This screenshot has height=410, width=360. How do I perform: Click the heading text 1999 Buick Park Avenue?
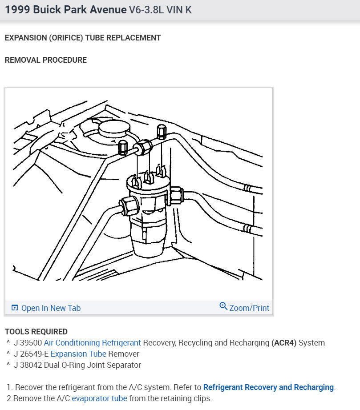coord(65,10)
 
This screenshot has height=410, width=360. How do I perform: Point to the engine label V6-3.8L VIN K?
coord(160,10)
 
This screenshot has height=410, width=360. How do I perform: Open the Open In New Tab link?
coord(50,308)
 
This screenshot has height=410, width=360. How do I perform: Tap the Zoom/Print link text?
coord(249,308)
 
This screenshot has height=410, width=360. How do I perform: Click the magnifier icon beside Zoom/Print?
coord(223,306)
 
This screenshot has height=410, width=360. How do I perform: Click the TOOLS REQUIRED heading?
coord(36,332)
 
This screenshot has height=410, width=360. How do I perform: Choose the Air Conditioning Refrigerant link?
coord(92,343)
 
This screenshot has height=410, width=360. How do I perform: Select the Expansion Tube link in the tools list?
coord(78,354)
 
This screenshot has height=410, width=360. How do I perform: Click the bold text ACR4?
coord(284,343)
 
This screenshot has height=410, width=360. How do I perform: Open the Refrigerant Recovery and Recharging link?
coord(268,387)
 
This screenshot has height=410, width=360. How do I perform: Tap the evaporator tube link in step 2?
coord(99,398)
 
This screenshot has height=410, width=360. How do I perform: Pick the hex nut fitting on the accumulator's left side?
coord(128,206)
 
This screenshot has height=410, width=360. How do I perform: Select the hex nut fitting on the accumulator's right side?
coord(175,195)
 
